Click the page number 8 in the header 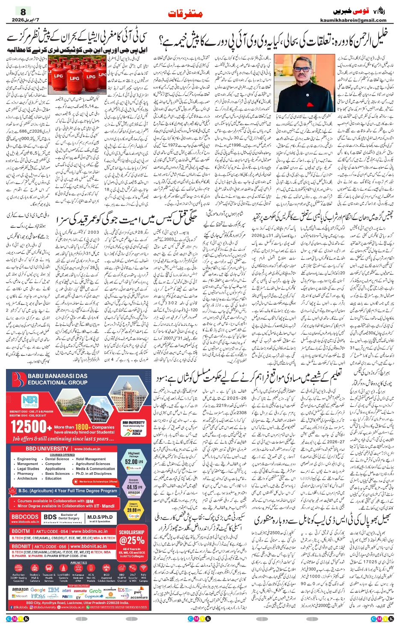[23, 12]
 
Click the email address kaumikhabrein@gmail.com [353, 20]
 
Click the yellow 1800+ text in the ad [82, 427]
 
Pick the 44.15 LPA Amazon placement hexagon [133, 487]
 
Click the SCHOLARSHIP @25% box [131, 539]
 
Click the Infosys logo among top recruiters [38, 596]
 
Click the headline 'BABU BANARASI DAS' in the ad [57, 376]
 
